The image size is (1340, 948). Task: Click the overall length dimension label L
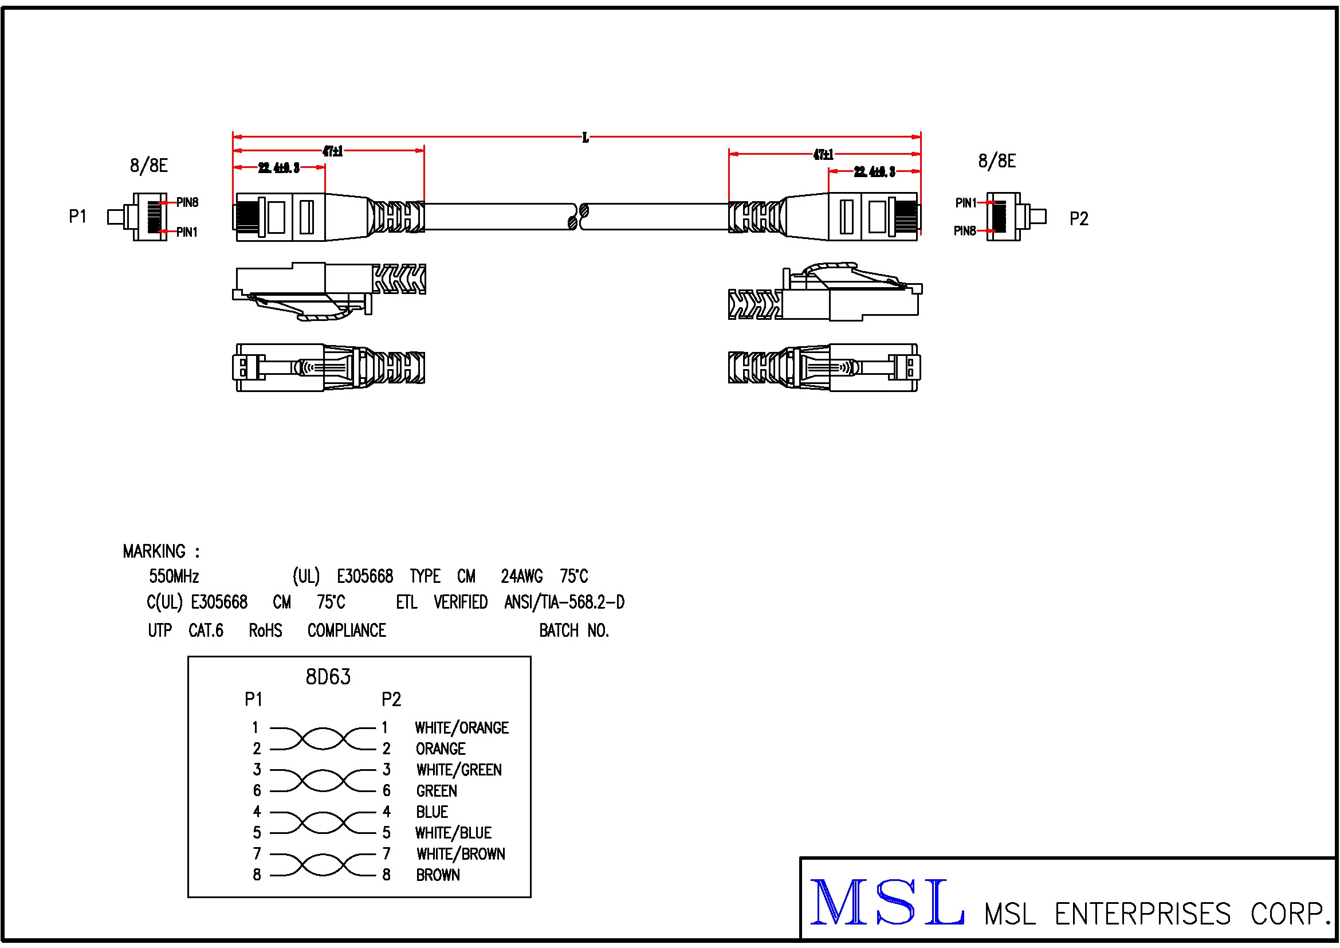pos(585,138)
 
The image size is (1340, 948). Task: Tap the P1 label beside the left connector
pos(77,217)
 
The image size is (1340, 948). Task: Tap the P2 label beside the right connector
pos(1079,219)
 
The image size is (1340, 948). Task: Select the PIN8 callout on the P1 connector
pos(187,202)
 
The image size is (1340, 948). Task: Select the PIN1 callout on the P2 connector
pos(966,202)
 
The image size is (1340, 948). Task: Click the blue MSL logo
pos(887,903)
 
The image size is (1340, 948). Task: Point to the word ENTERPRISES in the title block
pos(1143,914)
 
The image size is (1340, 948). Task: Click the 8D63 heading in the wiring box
pos(328,677)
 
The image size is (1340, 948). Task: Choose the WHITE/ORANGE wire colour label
pos(462,728)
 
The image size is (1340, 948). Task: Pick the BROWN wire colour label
pos(438,875)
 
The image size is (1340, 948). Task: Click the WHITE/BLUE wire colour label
pos(453,833)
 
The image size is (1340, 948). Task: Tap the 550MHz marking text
pos(174,577)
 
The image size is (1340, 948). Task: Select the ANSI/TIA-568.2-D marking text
pos(564,602)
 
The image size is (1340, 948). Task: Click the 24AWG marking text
pos(522,577)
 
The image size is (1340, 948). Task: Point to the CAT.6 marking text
pos(206,630)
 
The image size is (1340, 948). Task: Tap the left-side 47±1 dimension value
pos(333,151)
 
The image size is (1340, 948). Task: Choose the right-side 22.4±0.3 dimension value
pos(874,171)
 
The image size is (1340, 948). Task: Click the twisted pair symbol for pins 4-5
pos(323,822)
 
